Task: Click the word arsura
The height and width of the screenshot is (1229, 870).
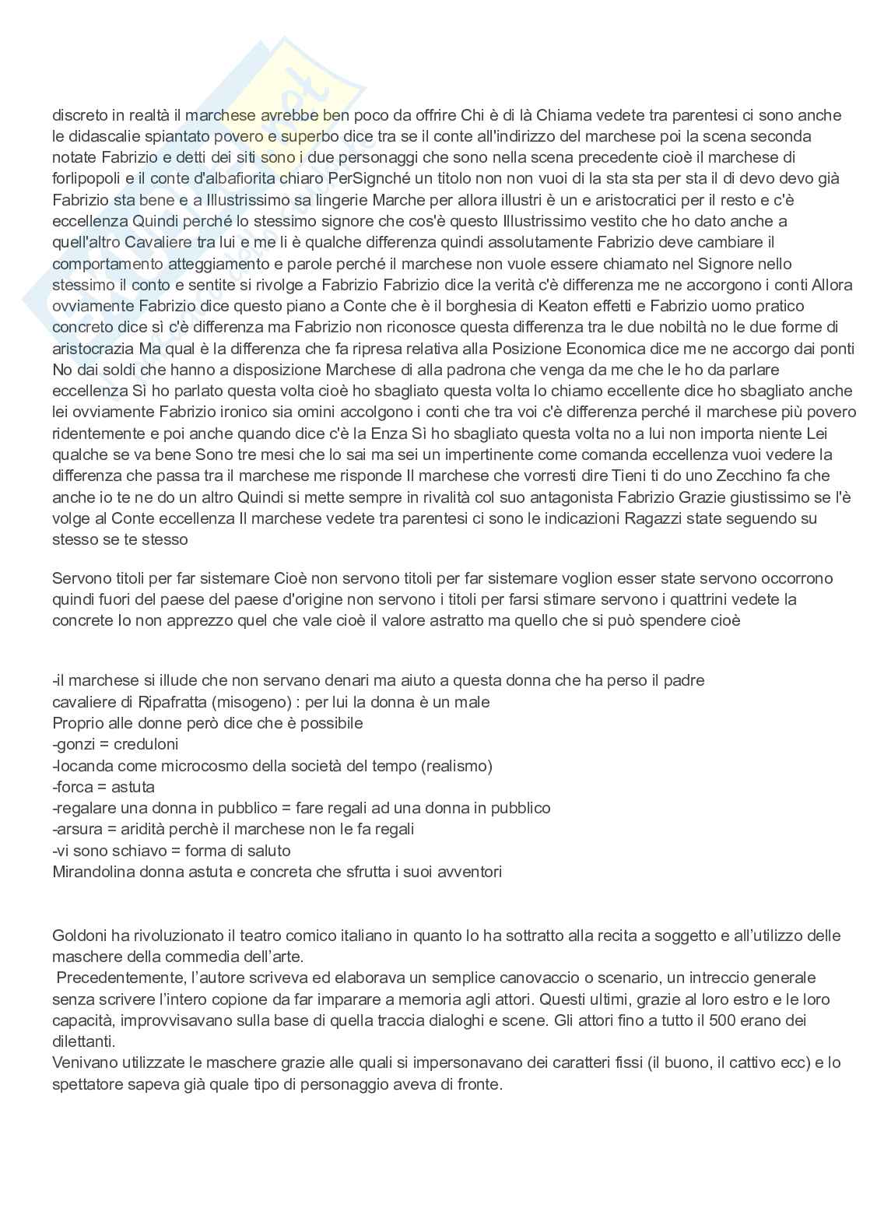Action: point(80,829)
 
